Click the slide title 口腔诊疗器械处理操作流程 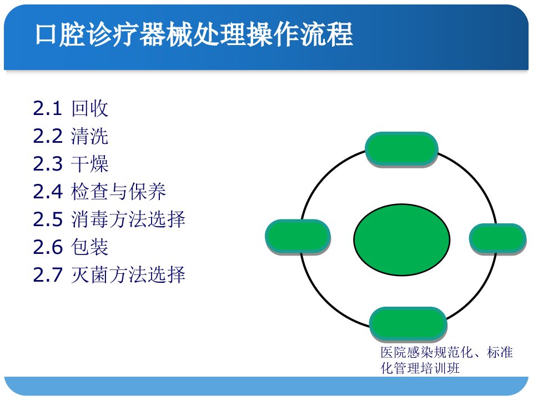tap(194, 34)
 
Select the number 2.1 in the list tap(47, 108)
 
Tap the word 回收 tap(90, 108)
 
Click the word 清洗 tap(90, 136)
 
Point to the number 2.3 tap(48, 164)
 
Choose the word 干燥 tap(90, 164)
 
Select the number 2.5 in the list tap(48, 219)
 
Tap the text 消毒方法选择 tap(128, 219)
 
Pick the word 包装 tap(90, 247)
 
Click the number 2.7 tap(48, 275)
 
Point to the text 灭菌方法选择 tap(128, 275)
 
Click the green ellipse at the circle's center tap(402, 239)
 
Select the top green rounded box tap(401, 149)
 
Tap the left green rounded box tap(298, 237)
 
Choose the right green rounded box tap(498, 239)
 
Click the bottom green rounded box tap(408, 324)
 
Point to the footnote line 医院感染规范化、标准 tap(446, 352)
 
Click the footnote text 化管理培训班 tap(420, 368)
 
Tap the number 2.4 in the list tap(48, 192)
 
